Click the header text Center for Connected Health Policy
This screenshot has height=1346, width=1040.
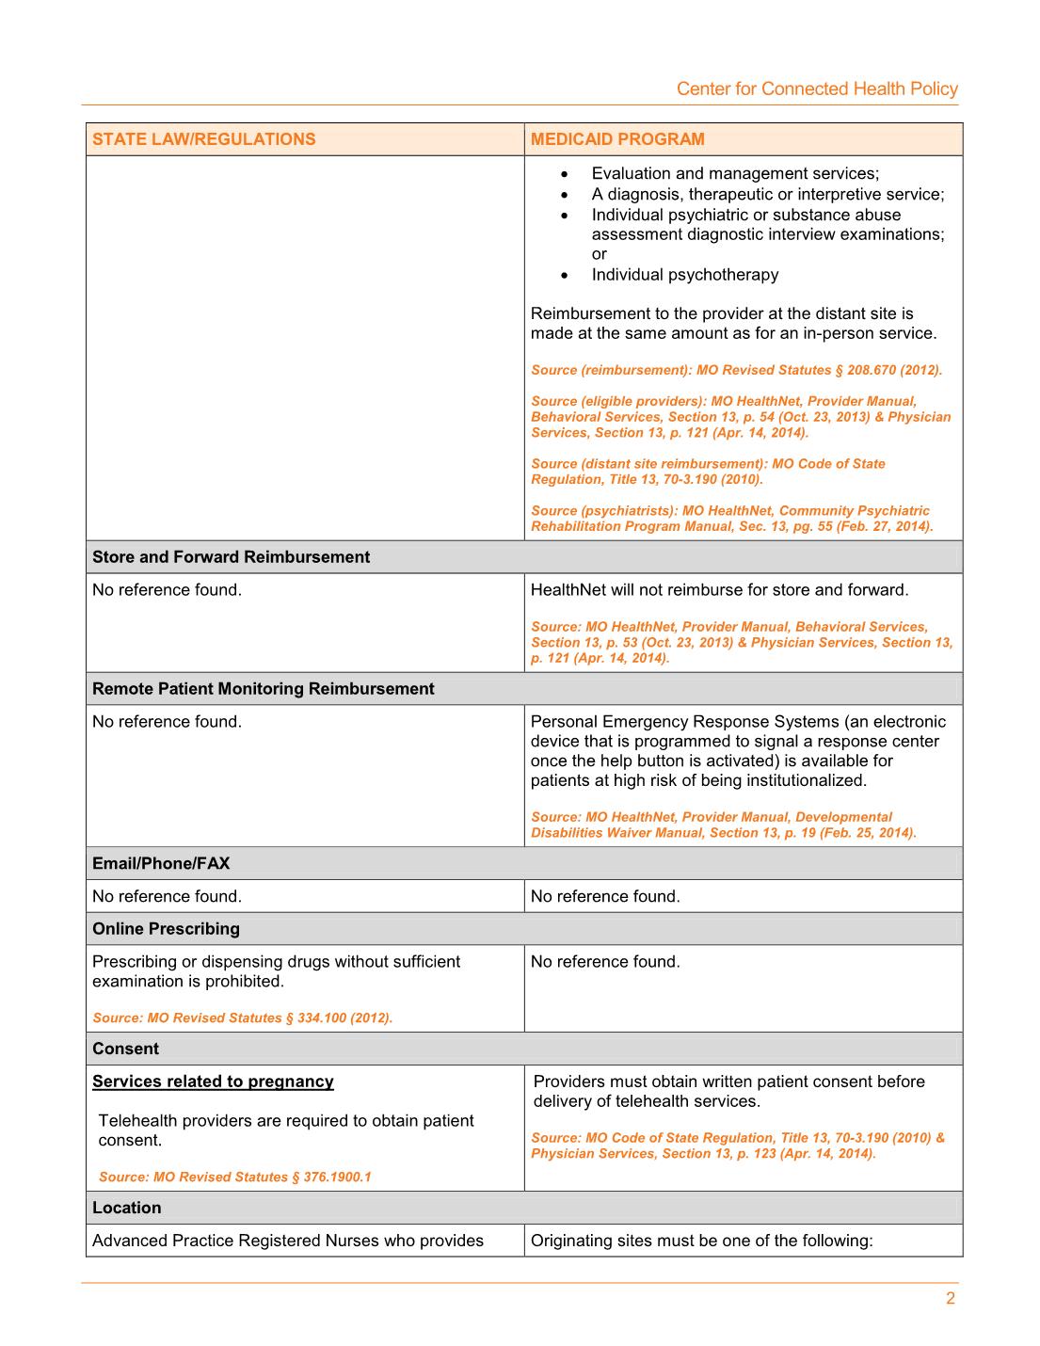817,88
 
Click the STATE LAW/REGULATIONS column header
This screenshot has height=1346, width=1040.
204,139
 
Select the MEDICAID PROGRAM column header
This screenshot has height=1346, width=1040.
617,139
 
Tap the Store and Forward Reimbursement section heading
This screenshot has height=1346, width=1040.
231,557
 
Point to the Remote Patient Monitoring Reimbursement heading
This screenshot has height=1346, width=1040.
264,689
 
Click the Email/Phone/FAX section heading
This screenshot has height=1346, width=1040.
161,863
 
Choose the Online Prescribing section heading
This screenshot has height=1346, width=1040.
166,929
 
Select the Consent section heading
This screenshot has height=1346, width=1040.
125,1049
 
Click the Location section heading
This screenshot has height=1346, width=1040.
126,1208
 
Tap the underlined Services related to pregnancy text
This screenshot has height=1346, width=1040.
213,1082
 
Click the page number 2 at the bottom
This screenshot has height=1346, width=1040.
950,1299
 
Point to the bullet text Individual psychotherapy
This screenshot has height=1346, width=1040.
684,275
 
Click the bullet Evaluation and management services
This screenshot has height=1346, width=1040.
734,173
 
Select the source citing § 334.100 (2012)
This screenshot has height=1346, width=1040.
242,1018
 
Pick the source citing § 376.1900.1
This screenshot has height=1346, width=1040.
234,1177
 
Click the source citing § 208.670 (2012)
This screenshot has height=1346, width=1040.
736,370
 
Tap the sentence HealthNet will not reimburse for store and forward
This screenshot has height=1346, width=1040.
719,590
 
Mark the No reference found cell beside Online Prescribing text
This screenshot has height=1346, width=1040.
605,962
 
